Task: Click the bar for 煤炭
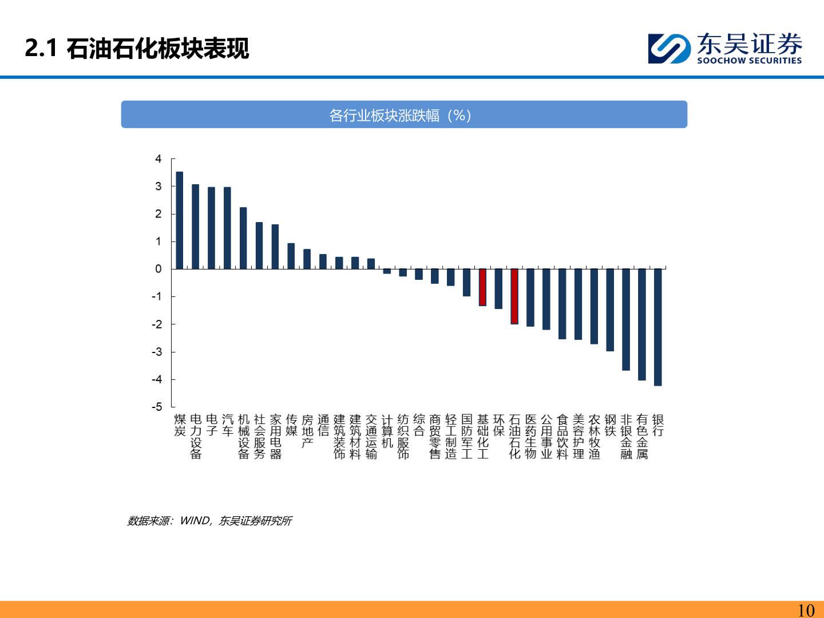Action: click(180, 220)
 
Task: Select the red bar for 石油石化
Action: click(514, 296)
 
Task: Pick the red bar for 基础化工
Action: click(482, 287)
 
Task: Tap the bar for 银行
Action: click(658, 327)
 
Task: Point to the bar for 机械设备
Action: click(243, 238)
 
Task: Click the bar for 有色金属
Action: click(642, 324)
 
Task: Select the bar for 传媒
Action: click(291, 256)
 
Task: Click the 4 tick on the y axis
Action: click(159, 159)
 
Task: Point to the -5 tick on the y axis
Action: click(157, 407)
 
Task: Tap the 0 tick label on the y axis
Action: click(159, 269)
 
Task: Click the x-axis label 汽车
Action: click(228, 426)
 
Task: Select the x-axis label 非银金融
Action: click(626, 437)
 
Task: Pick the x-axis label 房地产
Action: click(307, 431)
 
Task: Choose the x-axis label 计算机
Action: click(387, 431)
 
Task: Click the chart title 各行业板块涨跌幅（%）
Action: click(400, 116)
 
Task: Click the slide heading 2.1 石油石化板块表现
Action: click(137, 48)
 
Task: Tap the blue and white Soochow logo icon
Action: click(669, 48)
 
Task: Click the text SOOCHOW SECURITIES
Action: click(749, 61)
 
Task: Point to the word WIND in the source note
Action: click(195, 521)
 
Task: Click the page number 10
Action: click(806, 610)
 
